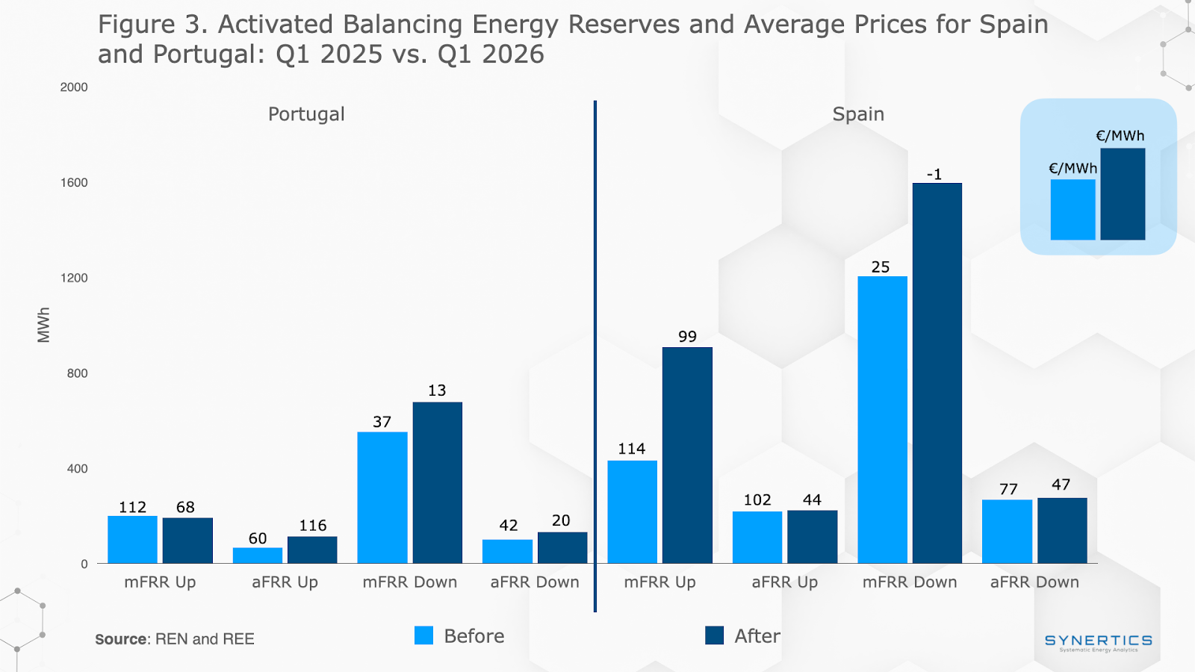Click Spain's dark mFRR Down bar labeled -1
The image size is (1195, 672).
937,373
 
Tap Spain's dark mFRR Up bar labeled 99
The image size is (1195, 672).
687,455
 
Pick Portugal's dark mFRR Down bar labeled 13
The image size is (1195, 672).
437,482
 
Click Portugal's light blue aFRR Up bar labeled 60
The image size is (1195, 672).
258,556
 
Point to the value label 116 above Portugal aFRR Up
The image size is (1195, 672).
313,526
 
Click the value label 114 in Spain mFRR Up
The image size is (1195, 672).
631,449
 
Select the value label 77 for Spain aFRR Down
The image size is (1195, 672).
1008,489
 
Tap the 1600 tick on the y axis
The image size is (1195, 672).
74,183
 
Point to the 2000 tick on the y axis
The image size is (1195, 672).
74,87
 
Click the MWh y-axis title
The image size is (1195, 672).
44,325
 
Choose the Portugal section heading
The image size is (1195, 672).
306,114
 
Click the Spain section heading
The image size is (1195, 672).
858,114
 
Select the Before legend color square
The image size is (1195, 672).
423,635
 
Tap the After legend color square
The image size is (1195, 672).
715,635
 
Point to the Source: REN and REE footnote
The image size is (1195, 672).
175,639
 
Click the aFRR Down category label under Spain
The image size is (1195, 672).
1034,582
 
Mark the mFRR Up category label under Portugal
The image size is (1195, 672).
160,582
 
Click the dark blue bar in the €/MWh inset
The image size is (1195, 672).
1123,194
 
